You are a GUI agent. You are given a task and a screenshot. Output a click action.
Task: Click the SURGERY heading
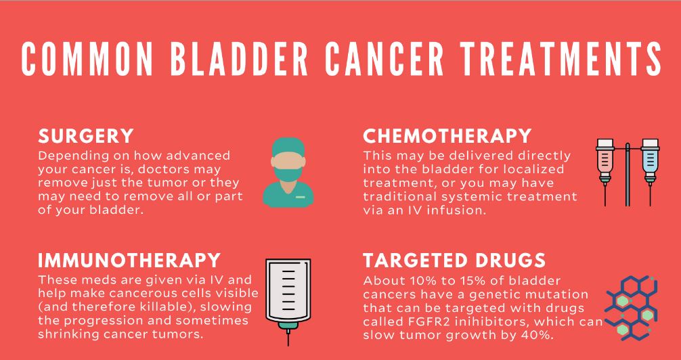pos(85,137)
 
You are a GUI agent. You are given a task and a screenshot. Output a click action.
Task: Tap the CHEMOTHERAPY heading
pos(447,137)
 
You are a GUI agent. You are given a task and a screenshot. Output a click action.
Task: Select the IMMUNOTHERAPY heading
pos(129,260)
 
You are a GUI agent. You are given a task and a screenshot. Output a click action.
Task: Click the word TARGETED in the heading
pos(415,260)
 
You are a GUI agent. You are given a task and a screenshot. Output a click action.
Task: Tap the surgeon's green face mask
pos(288,174)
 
